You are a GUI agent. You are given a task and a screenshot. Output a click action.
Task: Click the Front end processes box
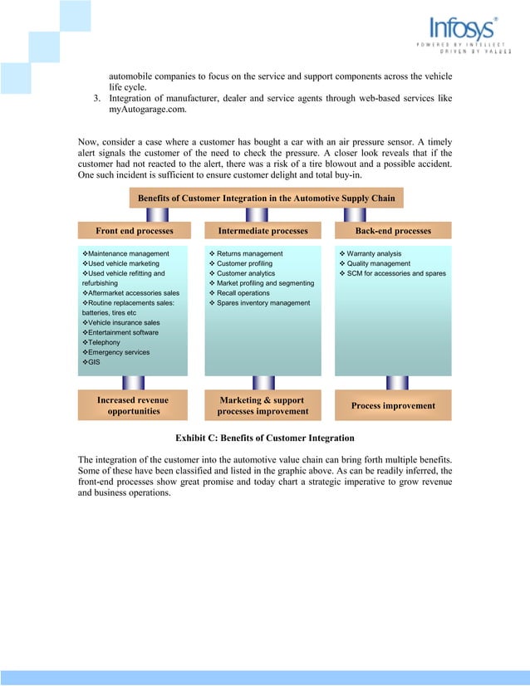click(134, 230)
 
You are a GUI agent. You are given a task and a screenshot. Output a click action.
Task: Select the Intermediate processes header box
click(263, 230)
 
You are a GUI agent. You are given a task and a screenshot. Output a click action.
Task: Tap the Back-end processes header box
click(393, 230)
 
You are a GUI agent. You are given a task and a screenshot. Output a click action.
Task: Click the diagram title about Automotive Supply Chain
click(266, 198)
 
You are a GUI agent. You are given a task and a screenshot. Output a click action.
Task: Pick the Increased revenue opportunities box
click(133, 405)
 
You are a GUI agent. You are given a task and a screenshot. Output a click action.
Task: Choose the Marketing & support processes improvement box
click(263, 405)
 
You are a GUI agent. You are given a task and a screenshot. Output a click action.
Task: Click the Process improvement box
click(393, 405)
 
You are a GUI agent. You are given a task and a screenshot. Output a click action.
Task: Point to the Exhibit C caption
click(265, 438)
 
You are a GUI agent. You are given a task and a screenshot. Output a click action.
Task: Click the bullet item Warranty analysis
click(374, 253)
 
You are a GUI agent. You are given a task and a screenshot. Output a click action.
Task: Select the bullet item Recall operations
click(243, 293)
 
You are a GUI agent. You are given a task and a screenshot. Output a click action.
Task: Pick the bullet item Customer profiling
click(244, 263)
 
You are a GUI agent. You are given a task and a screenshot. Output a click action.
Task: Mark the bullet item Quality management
click(378, 263)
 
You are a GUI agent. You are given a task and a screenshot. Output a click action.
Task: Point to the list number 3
click(96, 99)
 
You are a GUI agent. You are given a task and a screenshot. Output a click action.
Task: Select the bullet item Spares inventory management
click(263, 303)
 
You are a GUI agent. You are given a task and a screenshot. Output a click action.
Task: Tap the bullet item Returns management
click(249, 253)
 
